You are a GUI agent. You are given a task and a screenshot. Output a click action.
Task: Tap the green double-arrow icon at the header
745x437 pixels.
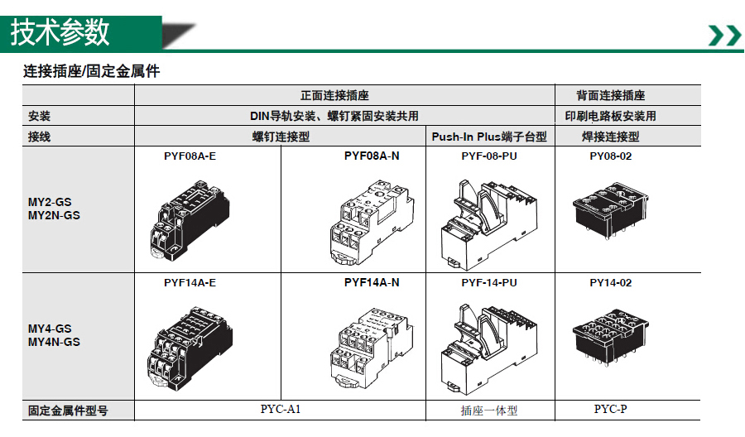pos(724,35)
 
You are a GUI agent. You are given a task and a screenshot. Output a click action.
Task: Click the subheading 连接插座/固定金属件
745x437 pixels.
pos(91,71)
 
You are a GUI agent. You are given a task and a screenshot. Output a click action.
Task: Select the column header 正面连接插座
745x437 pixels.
pos(334,95)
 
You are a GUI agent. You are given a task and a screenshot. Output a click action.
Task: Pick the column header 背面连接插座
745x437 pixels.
pos(611,95)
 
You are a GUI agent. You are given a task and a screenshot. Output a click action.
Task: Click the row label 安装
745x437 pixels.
pos(39,116)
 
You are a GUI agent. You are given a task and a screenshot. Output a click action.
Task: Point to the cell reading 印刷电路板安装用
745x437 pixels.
pos(611,116)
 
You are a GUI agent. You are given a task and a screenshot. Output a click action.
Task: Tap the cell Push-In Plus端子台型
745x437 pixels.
pos(489,137)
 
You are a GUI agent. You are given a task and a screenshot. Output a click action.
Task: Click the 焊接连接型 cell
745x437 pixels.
pos(611,137)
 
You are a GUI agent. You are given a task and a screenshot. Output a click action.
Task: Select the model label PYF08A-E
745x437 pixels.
pos(190,156)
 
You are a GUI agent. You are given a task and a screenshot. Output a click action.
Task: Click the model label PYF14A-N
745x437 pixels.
pos(372,282)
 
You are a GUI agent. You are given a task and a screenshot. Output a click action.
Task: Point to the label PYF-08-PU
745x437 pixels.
pos(489,156)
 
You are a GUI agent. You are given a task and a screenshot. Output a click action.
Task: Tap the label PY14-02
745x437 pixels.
pos(611,282)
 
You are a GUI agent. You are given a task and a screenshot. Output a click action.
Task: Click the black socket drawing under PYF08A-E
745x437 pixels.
pos(190,220)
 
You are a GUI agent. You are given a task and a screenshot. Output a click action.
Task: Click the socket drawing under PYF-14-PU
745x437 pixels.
pos(489,349)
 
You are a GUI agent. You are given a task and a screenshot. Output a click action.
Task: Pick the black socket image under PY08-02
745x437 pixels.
pos(611,210)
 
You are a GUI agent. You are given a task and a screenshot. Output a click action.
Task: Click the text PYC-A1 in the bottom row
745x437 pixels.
pos(281,410)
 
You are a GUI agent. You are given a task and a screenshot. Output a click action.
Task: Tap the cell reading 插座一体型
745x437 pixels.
pos(489,411)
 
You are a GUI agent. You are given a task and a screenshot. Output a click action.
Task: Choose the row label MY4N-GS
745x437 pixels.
pos(54,342)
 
